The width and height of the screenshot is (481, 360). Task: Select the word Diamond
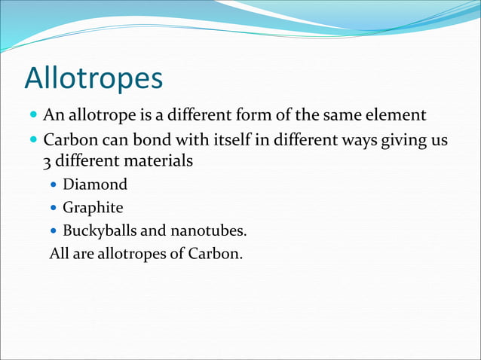coord(95,185)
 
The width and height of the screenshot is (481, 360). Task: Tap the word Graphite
coord(93,207)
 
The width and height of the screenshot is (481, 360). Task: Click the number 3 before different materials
coord(46,161)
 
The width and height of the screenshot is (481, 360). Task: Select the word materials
coord(155,161)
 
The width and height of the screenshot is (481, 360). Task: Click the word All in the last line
coord(59,253)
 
